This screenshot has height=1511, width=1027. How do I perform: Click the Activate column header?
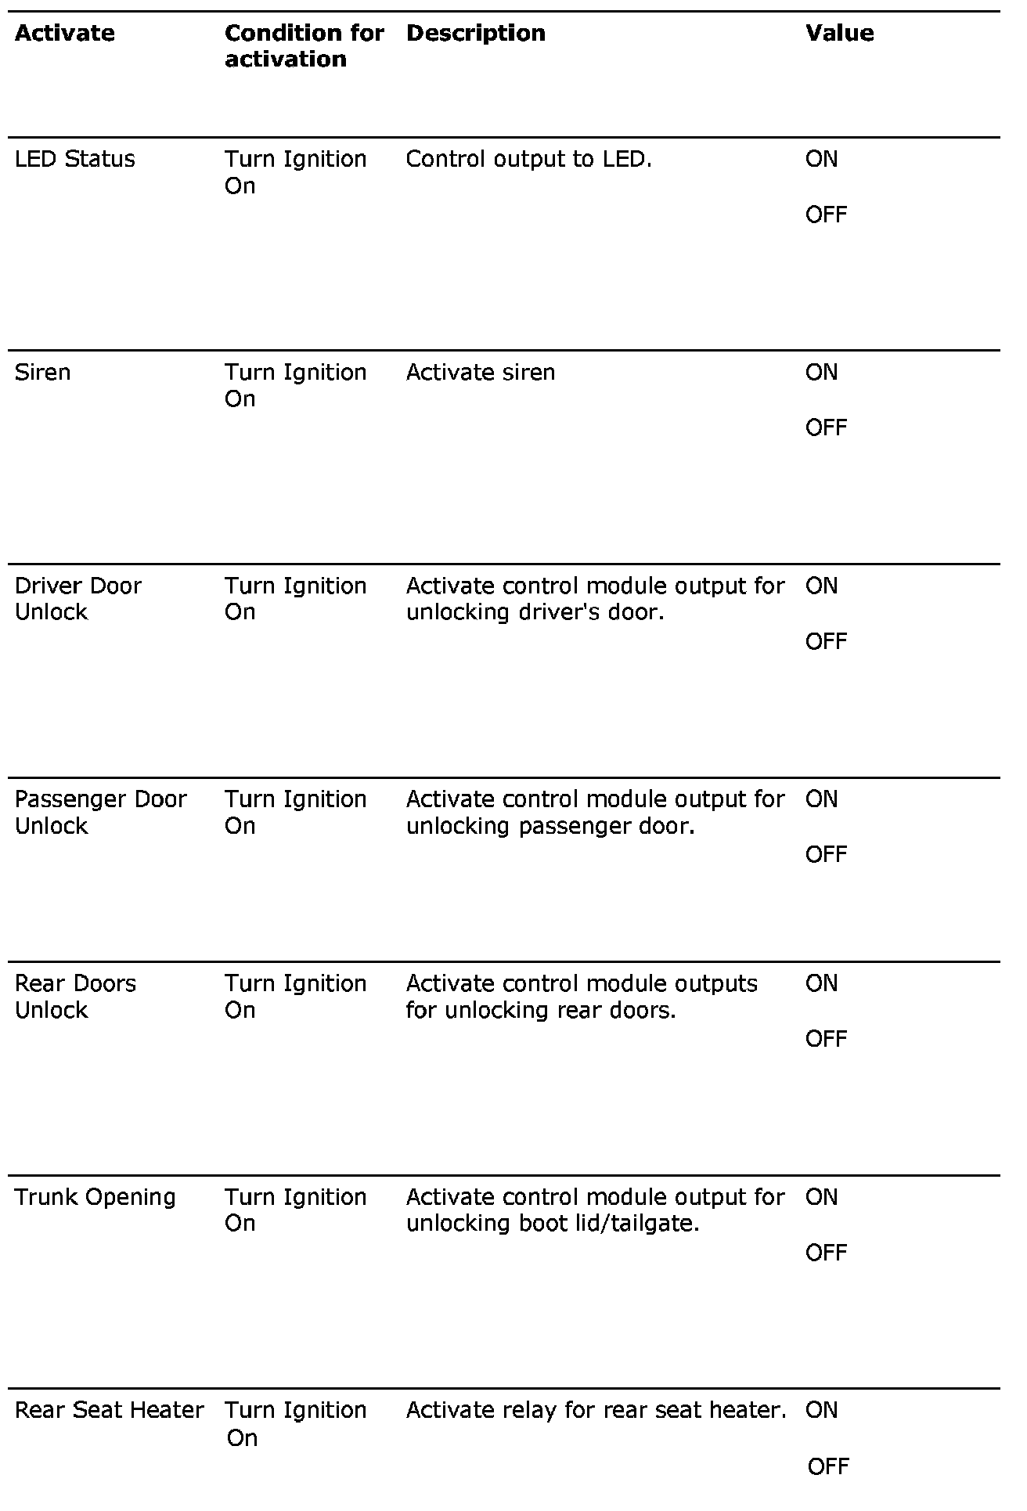[65, 33]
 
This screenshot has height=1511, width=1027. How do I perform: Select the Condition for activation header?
[304, 45]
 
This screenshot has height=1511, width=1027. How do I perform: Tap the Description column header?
[476, 33]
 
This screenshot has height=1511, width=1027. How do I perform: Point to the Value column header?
[839, 33]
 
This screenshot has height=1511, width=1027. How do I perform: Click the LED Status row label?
[75, 159]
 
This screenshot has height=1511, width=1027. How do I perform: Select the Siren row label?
[43, 372]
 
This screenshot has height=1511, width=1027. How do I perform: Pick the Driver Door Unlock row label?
[77, 598]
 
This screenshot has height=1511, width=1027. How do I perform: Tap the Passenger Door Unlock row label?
[100, 812]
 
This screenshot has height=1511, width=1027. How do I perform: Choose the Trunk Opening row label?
[95, 1197]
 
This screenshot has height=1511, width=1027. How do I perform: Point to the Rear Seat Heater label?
[110, 1410]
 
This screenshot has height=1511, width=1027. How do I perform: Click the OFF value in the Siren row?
[826, 427]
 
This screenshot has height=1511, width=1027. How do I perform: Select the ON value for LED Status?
[821, 159]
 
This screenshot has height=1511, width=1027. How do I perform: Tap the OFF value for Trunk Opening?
[826, 1253]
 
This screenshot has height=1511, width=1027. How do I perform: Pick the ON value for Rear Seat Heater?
[821, 1410]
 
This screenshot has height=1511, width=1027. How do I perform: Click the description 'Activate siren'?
[481, 372]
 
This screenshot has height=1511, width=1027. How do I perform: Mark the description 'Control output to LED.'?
[529, 159]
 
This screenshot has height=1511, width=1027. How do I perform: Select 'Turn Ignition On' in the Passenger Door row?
[295, 812]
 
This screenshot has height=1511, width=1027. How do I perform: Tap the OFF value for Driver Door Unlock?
[826, 641]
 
